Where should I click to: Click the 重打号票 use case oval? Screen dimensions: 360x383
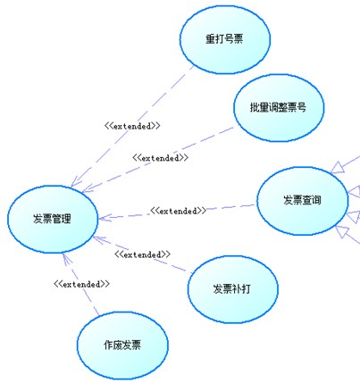(225, 39)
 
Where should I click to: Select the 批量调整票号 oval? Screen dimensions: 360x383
(279, 108)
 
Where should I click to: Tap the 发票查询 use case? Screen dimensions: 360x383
(302, 201)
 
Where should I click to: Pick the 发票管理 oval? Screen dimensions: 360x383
(53, 220)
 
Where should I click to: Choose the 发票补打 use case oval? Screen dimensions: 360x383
(233, 289)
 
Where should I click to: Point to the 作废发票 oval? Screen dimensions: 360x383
(122, 346)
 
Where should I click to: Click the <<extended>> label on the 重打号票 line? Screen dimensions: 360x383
(132, 126)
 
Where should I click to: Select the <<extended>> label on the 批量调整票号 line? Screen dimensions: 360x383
(160, 158)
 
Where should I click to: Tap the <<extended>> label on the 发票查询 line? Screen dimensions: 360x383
(178, 211)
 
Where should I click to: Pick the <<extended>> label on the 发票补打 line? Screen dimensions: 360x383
(142, 254)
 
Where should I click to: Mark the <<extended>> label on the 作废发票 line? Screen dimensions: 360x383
(81, 284)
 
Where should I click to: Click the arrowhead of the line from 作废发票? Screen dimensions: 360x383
(63, 254)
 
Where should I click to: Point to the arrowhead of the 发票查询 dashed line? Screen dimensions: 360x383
(99, 219)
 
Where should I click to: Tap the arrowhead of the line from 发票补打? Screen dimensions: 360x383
(94, 237)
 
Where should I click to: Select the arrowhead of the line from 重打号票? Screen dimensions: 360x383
(71, 187)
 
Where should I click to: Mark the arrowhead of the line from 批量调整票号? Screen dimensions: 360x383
(82, 192)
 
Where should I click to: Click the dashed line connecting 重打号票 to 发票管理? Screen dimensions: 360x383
(132, 127)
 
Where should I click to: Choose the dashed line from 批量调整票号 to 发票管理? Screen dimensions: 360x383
(158, 160)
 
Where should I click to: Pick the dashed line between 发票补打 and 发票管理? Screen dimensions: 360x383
(142, 255)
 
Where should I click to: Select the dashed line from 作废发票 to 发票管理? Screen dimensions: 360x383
(81, 284)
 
